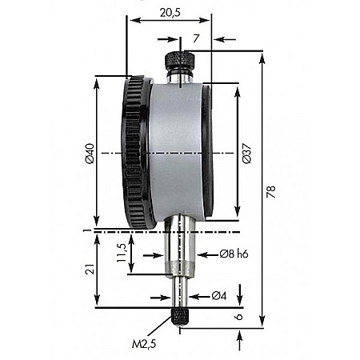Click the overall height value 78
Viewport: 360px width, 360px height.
coord(271,192)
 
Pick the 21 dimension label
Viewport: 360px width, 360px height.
coord(90,269)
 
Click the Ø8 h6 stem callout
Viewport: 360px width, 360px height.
coord(233,254)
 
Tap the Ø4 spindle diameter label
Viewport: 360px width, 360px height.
coord(221,297)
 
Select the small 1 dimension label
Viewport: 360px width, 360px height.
coord(85,231)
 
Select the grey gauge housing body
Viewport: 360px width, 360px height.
coord(172,152)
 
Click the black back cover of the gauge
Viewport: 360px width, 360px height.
coord(208,152)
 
